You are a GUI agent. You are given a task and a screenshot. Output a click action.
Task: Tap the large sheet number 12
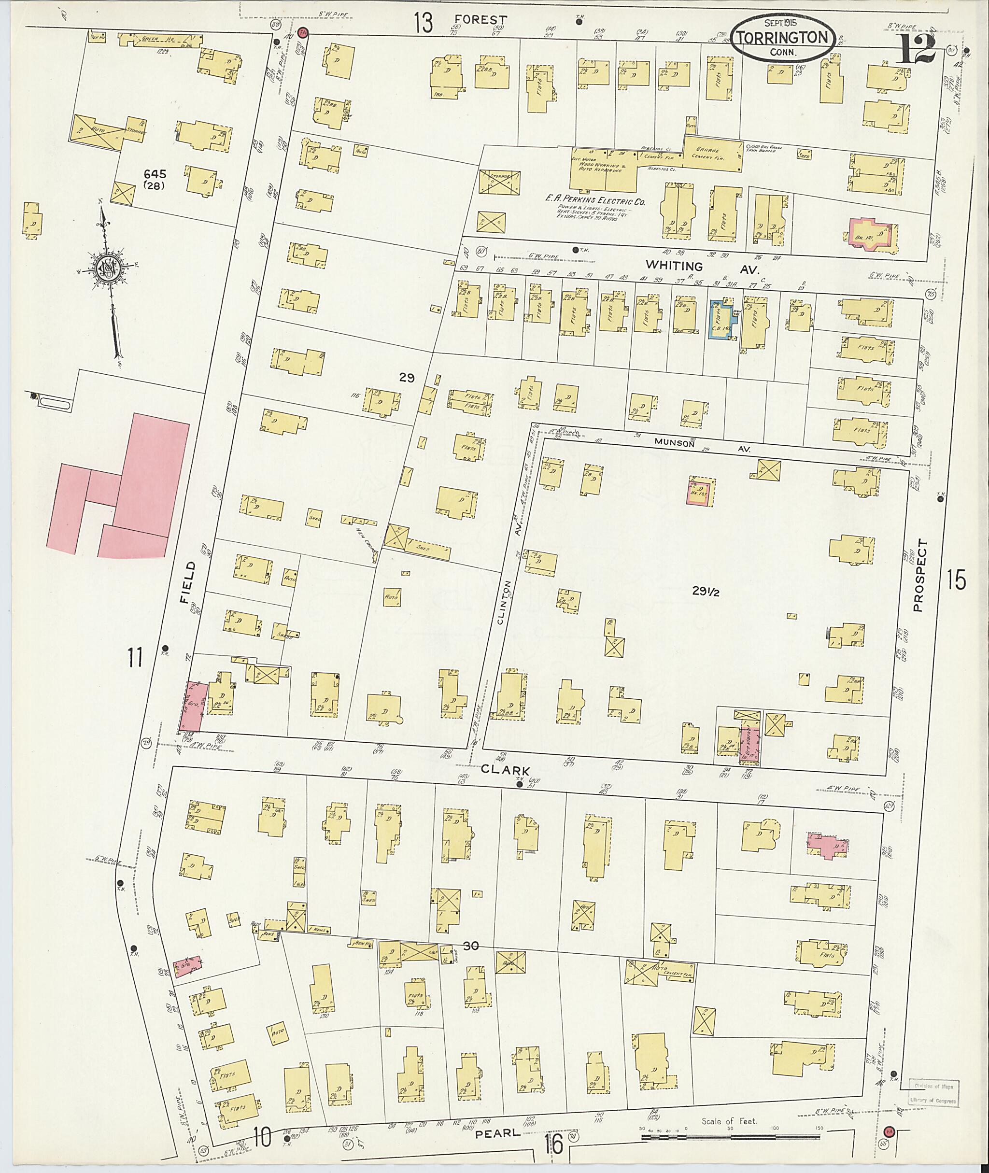(917, 49)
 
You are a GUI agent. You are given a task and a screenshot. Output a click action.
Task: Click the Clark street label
(505, 770)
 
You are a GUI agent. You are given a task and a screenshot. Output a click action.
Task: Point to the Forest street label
(480, 20)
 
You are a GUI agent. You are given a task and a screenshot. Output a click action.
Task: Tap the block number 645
(154, 174)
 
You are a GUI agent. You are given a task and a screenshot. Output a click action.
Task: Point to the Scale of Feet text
(729, 1121)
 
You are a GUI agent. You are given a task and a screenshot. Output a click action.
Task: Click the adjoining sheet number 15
(957, 579)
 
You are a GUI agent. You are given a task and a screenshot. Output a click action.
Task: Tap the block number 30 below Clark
(471, 946)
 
